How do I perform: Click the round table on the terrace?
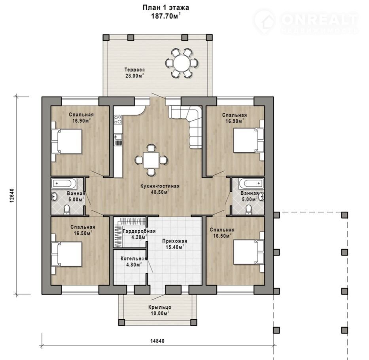pyautogui.click(x=182, y=63)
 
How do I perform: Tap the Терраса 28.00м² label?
pyautogui.click(x=134, y=73)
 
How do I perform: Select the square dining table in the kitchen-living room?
pyautogui.click(x=151, y=160)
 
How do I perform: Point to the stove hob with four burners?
pyautogui.click(x=118, y=119)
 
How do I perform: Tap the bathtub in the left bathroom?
pyautogui.click(x=64, y=184)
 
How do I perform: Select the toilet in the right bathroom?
pyautogui.click(x=248, y=210)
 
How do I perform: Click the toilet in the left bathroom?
pyautogui.click(x=67, y=210)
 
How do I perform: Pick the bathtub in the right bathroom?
pyautogui.click(x=251, y=184)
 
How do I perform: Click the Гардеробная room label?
pyautogui.click(x=139, y=231)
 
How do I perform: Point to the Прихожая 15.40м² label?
pyautogui.click(x=175, y=244)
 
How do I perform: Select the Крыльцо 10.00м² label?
pyautogui.click(x=160, y=310)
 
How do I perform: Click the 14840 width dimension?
pyautogui.click(x=157, y=341)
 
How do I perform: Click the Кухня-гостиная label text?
pyautogui.click(x=160, y=186)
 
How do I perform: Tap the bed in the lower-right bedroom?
pyautogui.click(x=249, y=252)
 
